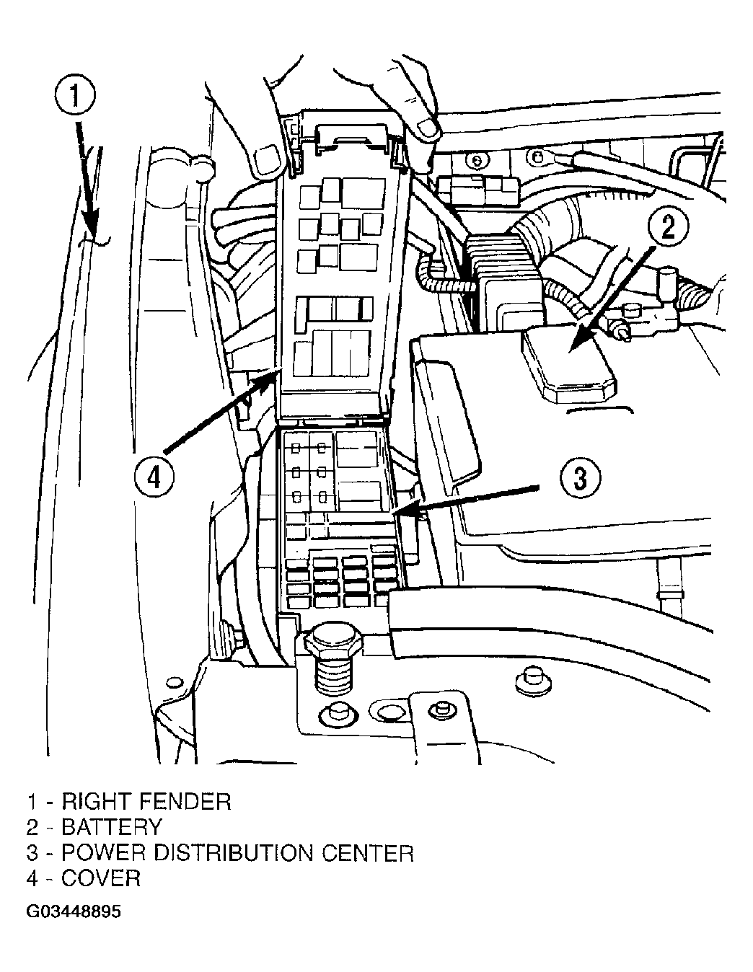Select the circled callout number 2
coord(669,227)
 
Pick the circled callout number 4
coord(154,477)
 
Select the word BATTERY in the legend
coord(112,827)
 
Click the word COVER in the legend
coord(101,878)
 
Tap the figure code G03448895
coord(74,912)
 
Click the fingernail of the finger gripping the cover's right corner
coord(428,129)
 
